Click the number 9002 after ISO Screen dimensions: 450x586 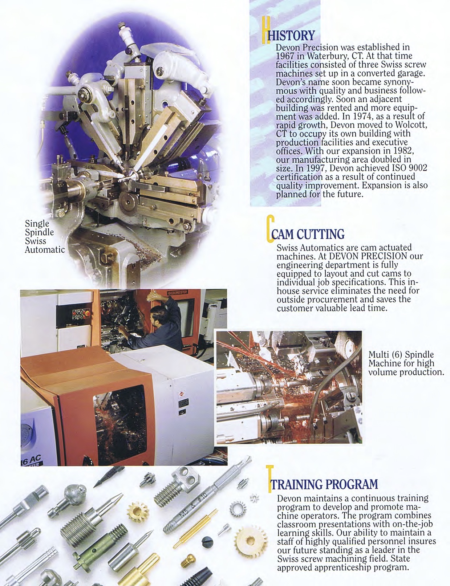(418, 168)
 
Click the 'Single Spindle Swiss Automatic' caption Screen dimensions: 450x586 (45, 236)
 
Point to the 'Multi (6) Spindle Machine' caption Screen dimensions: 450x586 (406, 363)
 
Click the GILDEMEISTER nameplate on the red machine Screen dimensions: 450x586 (177, 293)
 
